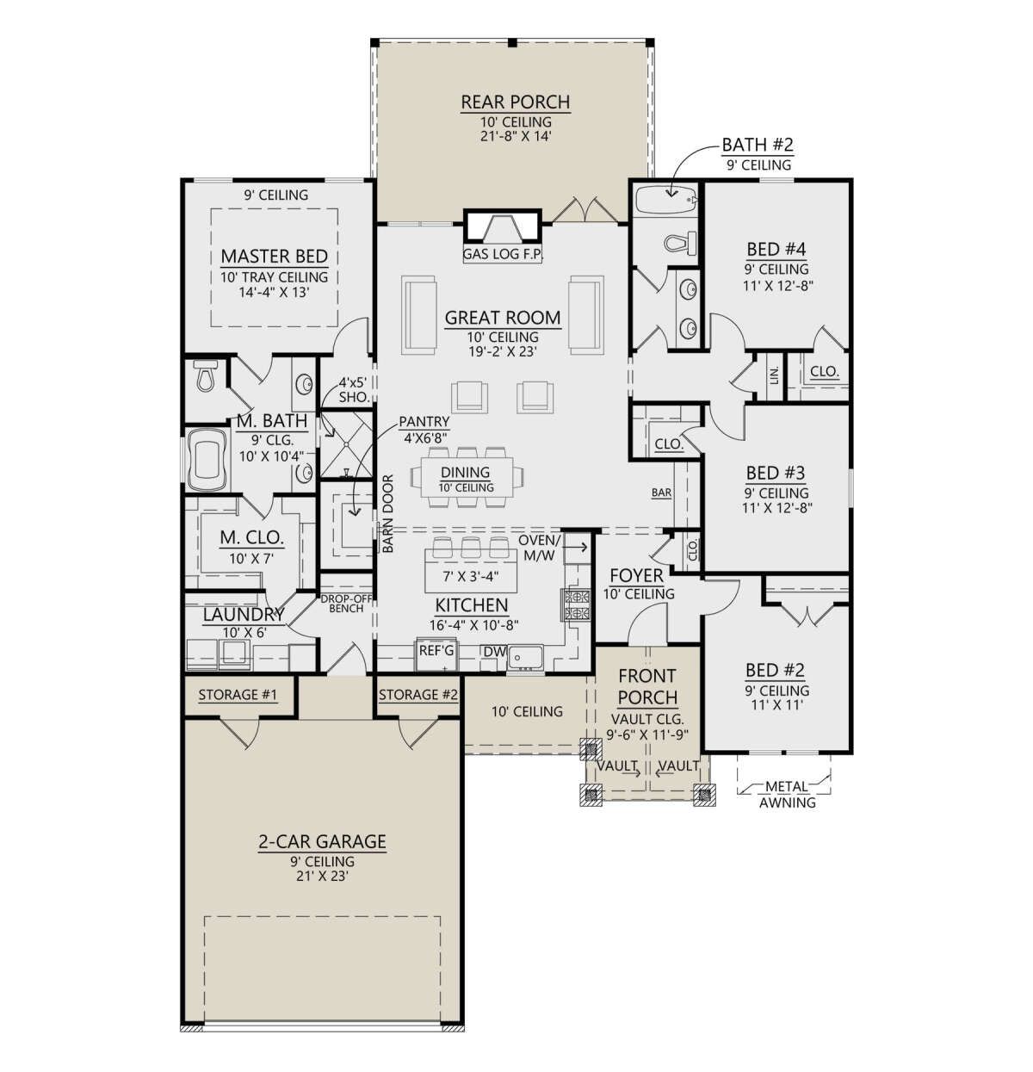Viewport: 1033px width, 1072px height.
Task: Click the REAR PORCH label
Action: (x=516, y=102)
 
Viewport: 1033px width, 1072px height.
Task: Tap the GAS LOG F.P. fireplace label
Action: (x=503, y=255)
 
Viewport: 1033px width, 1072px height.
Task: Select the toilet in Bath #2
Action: (x=680, y=243)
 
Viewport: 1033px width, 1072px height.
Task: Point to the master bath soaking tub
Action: (x=207, y=460)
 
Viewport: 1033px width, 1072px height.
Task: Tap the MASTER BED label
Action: (x=275, y=257)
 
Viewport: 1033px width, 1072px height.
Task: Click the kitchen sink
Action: (x=525, y=657)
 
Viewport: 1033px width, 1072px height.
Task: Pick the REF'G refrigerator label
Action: (x=436, y=651)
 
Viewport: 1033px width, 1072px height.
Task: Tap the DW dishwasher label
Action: (x=494, y=652)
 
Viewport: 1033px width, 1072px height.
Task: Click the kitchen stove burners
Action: (x=576, y=604)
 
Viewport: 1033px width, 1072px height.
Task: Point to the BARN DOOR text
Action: (x=388, y=513)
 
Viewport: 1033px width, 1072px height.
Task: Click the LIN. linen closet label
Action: (x=775, y=375)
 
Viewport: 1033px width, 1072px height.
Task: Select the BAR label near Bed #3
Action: (x=661, y=493)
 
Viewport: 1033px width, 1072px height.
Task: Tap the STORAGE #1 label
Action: (x=238, y=695)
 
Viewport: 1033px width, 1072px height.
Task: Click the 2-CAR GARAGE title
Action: (x=322, y=842)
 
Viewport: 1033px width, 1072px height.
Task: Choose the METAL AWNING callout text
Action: (x=788, y=795)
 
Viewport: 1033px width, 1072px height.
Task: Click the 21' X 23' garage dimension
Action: (x=322, y=877)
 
